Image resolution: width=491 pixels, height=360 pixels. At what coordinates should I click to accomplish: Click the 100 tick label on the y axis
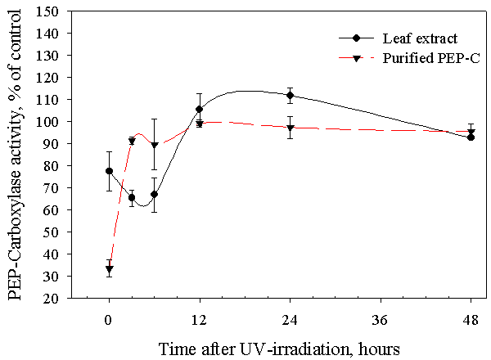click(49, 121)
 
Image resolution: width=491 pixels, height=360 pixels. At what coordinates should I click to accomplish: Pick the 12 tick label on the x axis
click(199, 317)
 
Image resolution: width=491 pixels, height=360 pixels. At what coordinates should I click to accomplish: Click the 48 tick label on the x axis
click(471, 317)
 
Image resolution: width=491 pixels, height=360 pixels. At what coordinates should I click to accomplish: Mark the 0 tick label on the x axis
click(109, 317)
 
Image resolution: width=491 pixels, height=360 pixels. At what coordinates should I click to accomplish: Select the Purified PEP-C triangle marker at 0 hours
click(109, 269)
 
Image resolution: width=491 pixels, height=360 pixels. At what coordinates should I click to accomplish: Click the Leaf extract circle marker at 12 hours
click(199, 109)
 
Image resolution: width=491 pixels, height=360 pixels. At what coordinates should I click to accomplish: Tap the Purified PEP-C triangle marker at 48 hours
click(471, 133)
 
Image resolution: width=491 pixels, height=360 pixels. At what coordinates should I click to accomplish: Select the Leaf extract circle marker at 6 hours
click(154, 194)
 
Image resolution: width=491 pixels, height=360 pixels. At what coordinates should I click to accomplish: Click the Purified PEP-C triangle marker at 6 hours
click(154, 146)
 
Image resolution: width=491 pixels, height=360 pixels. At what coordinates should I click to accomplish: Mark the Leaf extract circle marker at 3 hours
click(132, 197)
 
